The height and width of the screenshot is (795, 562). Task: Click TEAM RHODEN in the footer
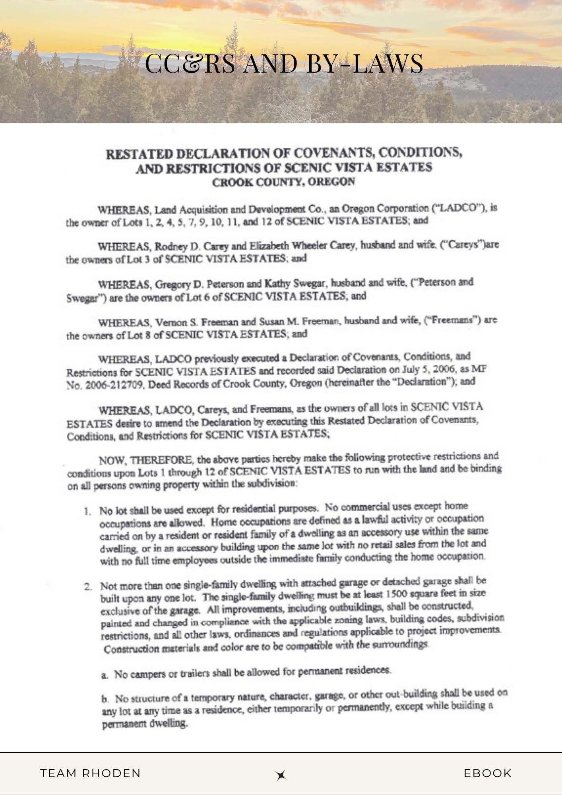click(x=91, y=773)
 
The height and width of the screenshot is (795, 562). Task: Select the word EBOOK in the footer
click(x=488, y=773)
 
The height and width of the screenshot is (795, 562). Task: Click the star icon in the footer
click(x=281, y=775)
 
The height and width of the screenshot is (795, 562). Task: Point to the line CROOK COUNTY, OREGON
click(x=283, y=182)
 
